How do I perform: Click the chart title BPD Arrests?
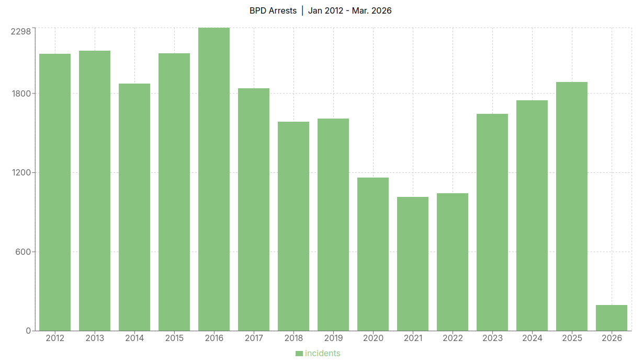[x=273, y=10]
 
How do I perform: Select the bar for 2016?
[x=214, y=179]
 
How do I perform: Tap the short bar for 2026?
[x=612, y=318]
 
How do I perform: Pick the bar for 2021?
[x=413, y=264]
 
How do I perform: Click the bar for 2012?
[x=55, y=192]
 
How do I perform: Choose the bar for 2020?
[x=373, y=254]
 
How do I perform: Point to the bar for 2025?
[x=572, y=206]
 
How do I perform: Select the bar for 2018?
[x=293, y=226]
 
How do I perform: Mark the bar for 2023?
[x=492, y=222]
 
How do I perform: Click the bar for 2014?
[x=134, y=207]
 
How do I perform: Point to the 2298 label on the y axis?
[x=21, y=31]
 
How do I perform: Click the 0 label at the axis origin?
[x=29, y=331]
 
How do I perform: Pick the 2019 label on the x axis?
[x=333, y=338]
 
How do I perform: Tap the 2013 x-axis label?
[x=95, y=338]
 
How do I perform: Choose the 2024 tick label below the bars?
[x=532, y=338]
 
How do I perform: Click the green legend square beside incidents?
[x=299, y=354]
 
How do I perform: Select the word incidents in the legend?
[x=322, y=354]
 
